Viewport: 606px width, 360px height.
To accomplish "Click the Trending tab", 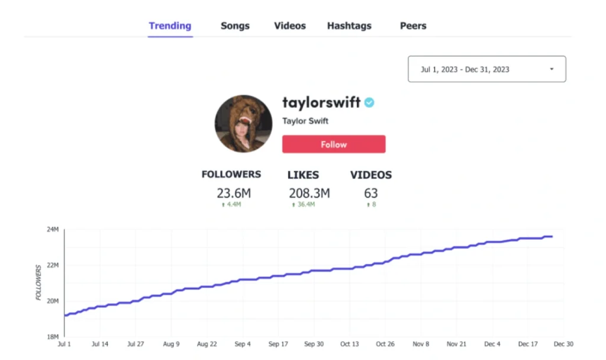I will [170, 26].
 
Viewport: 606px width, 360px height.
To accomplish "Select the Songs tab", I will [235, 26].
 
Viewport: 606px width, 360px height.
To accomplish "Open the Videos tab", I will [290, 26].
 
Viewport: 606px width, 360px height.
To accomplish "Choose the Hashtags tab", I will [349, 26].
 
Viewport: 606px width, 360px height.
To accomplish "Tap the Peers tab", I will [413, 26].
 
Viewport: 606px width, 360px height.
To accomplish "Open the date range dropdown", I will [486, 69].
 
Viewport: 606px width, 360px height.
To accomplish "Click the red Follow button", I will [334, 144].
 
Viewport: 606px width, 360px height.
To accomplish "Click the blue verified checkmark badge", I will [369, 102].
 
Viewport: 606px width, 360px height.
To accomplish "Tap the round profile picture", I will [243, 123].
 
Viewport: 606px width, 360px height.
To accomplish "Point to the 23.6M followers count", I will [233, 194].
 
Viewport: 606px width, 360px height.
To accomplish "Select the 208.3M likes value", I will [309, 194].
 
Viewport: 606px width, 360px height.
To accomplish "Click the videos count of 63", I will [371, 194].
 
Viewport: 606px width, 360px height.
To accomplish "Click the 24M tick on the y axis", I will [52, 230].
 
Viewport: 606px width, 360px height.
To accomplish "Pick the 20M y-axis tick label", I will [52, 301].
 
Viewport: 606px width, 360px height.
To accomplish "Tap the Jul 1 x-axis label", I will [64, 344].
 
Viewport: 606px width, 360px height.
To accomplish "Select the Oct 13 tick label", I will [349, 344].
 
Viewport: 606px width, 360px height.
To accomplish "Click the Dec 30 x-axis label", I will [563, 344].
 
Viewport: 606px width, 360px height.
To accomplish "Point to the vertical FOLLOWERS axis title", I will [39, 282].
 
